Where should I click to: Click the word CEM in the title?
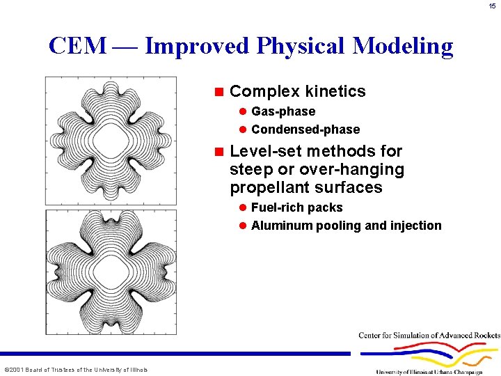[x=77, y=46]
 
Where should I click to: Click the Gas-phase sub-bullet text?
[x=283, y=111]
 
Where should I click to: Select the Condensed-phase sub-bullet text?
[x=305, y=130]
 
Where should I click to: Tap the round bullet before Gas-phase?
[x=243, y=111]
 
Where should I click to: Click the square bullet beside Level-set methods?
[x=218, y=152]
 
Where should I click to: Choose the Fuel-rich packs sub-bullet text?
[x=296, y=207]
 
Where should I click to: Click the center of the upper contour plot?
[x=111, y=140]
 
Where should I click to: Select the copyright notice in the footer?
[x=76, y=369]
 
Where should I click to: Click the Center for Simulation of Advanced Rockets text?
[x=429, y=336]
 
